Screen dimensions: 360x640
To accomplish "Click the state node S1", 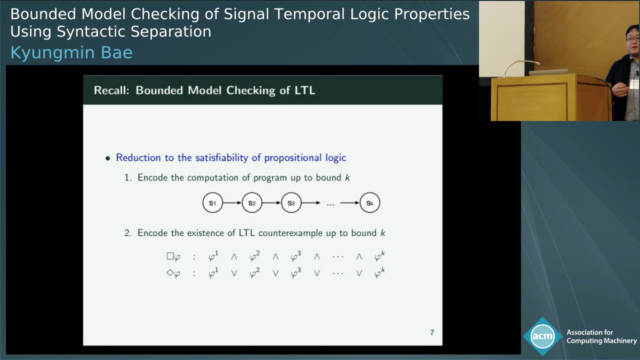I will [212, 203].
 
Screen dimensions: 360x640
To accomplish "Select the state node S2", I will [252, 203].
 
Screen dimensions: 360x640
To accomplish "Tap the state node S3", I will [291, 203].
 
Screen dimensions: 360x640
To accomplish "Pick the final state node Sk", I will [369, 203].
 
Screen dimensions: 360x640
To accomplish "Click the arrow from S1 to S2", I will [232, 203].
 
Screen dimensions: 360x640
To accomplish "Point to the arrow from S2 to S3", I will [271, 203].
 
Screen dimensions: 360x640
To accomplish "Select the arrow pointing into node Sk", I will [349, 203].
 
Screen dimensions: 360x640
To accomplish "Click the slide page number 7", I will [432, 332].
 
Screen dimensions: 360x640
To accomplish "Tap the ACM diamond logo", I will [542, 336].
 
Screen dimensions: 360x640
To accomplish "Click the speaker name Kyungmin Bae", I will [71, 52].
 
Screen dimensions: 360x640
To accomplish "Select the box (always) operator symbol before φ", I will [170, 256].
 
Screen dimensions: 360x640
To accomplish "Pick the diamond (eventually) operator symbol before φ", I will [170, 273].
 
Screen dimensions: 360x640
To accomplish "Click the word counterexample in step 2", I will [291, 233].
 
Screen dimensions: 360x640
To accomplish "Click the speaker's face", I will [632, 42].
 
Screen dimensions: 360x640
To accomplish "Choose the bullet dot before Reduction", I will [108, 158].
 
